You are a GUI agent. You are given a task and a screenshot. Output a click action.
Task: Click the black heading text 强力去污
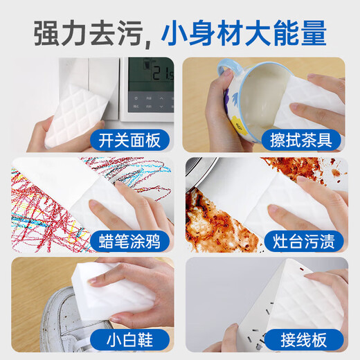pyautogui.click(x=80, y=33)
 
